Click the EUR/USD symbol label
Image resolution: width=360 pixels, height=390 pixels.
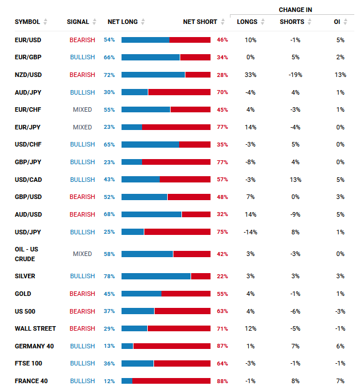click(x=28, y=40)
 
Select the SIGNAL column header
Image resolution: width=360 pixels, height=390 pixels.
click(x=78, y=22)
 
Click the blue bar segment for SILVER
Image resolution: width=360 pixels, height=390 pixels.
click(x=156, y=276)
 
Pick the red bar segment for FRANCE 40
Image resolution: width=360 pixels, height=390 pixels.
click(x=171, y=381)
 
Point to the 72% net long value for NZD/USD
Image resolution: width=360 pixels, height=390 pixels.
click(x=109, y=75)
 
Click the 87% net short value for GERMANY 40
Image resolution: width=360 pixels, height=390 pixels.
click(x=223, y=346)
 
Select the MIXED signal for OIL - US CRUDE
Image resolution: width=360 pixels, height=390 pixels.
click(x=82, y=254)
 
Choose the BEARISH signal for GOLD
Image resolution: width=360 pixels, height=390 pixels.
click(x=82, y=294)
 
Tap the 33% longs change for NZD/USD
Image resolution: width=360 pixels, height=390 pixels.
click(x=250, y=75)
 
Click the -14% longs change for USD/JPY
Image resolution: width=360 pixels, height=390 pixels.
click(x=250, y=232)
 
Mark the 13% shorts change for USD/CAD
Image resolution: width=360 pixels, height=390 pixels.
click(x=295, y=180)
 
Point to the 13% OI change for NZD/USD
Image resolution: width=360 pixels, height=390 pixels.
click(x=340, y=75)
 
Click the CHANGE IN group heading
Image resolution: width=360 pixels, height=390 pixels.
click(x=295, y=10)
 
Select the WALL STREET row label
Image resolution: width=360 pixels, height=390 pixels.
click(x=35, y=328)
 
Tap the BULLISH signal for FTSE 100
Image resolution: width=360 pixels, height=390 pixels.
click(x=82, y=363)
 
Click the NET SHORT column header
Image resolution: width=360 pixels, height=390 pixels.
click(x=200, y=22)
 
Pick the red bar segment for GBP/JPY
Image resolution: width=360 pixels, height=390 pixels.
click(x=176, y=162)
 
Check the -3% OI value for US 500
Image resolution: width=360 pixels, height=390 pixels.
click(x=340, y=311)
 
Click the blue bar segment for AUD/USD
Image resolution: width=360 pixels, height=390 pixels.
click(x=151, y=214)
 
